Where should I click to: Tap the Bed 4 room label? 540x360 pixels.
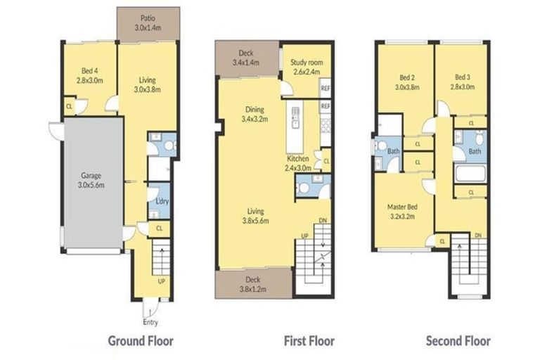[x=89, y=76]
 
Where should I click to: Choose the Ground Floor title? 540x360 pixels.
[x=140, y=341]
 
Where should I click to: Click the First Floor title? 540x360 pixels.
[x=309, y=341]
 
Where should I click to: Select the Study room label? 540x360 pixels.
[x=305, y=67]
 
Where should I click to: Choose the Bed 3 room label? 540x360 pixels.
[x=461, y=82]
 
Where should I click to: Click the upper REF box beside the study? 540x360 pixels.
[x=325, y=89]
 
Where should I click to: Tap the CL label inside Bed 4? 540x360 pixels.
[x=69, y=107]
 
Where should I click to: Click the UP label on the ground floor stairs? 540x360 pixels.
[x=161, y=281]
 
